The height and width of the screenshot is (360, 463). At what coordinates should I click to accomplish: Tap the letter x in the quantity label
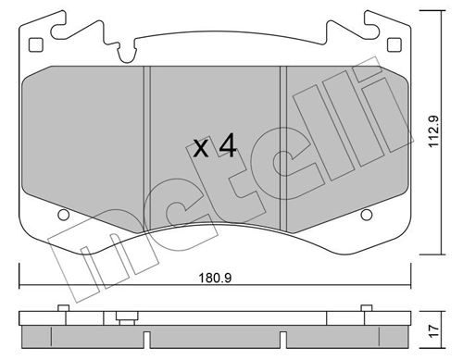tap(199, 149)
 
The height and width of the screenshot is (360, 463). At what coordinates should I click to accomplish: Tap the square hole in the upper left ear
tap(36, 44)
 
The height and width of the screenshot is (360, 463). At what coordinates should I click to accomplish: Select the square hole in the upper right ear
tap(395, 44)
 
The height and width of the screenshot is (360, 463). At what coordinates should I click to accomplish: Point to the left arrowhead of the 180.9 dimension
tap(23, 284)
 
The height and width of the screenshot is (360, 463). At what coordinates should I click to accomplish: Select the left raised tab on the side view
tap(62, 308)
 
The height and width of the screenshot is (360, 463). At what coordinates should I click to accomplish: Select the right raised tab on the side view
tap(369, 308)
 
